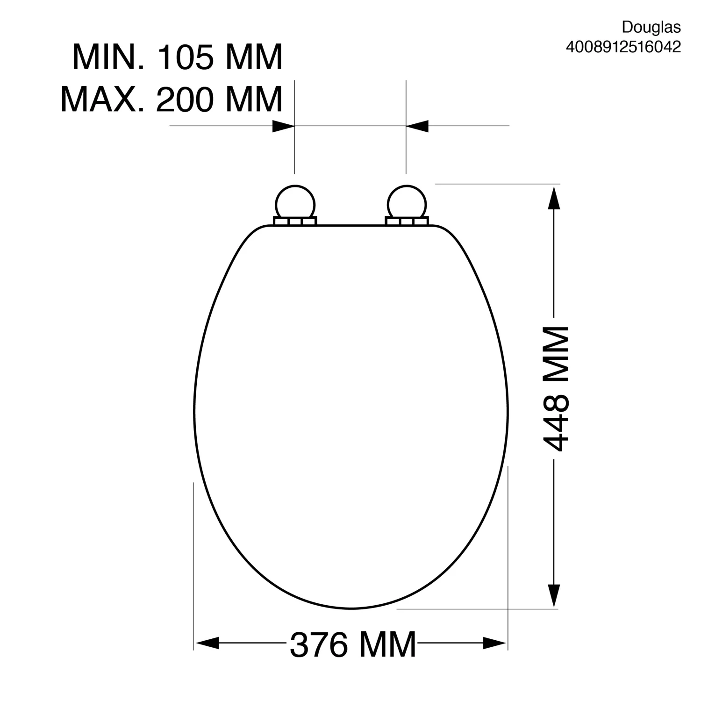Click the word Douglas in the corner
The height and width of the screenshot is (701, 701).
[x=651, y=28]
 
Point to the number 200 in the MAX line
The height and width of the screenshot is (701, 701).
[x=186, y=99]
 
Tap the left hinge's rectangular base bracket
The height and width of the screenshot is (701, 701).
[x=295, y=222]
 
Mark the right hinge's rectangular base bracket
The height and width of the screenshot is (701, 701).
[x=407, y=222]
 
